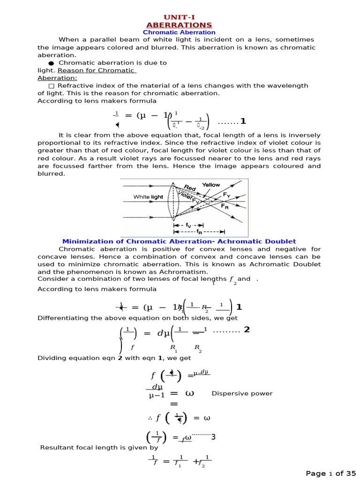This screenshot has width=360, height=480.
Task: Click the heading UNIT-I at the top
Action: (179, 17)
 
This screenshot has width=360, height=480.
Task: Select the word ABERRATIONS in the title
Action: (179, 25)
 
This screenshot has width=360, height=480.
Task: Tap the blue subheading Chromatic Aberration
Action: (179, 32)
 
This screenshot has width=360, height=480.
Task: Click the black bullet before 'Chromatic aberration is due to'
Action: (51, 63)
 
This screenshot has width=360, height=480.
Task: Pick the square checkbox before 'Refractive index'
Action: (51, 86)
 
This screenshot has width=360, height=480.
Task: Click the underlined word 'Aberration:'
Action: (57, 78)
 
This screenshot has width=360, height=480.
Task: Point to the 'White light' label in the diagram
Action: (148, 197)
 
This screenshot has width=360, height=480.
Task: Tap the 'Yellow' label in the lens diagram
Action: (211, 185)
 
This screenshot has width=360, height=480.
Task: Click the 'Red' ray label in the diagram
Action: (190, 188)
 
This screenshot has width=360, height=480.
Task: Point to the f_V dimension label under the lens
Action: (188, 225)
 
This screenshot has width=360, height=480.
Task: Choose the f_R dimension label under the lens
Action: (199, 232)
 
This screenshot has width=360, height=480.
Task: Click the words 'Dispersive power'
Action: (242, 393)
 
